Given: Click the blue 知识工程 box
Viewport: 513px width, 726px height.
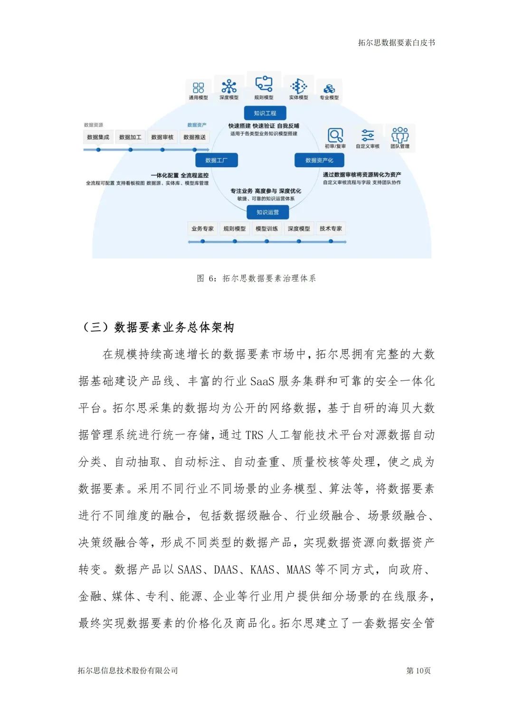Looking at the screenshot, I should point(265,113).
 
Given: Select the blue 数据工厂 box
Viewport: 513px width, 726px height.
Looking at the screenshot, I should point(216,160).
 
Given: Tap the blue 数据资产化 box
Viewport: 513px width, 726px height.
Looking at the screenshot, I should point(319,160).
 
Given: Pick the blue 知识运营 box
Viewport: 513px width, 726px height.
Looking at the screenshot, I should point(267,212).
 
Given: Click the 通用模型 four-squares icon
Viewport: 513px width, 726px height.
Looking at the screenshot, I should point(199,87).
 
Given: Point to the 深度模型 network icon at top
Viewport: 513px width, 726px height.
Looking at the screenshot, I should point(229,86).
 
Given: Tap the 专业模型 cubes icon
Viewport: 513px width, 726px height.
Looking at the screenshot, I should point(329,88).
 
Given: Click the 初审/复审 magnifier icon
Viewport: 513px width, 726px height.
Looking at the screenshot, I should point(335,135).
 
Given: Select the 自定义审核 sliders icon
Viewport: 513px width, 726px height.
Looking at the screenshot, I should point(368,135).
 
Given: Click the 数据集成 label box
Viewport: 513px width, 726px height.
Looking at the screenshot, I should point(98,137).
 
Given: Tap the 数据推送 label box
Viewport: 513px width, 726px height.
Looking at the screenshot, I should point(195,137).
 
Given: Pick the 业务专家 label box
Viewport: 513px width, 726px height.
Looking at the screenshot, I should point(203,229).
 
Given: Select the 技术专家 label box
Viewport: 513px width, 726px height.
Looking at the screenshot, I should point(331,229).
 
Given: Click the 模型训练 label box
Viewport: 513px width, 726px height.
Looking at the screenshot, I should point(267,229).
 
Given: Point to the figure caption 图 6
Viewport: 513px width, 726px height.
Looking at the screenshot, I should point(256,278).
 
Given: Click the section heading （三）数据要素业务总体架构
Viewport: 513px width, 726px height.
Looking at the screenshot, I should point(159,327).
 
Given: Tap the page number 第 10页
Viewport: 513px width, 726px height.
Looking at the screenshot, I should point(418,670).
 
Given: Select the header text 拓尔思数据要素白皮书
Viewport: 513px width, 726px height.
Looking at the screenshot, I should point(397,43).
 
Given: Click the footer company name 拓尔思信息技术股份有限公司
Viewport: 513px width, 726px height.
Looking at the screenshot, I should point(128,670).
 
